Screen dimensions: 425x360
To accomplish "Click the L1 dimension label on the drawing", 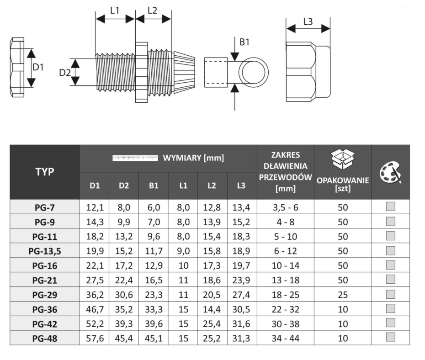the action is (x=115, y=11).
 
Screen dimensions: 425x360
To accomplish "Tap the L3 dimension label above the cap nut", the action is (x=308, y=21).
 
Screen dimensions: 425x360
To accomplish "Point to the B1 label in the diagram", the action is (x=244, y=42).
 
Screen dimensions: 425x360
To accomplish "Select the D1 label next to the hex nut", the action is (x=38, y=67).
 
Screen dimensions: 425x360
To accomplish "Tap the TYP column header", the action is (x=45, y=172).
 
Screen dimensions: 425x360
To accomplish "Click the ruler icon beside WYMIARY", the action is (x=135, y=158).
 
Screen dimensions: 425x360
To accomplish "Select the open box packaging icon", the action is (x=343, y=160).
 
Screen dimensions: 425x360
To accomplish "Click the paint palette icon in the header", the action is (x=390, y=173).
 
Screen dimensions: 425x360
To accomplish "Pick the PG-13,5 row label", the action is (x=45, y=251).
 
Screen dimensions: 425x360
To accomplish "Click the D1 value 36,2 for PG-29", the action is (x=95, y=295).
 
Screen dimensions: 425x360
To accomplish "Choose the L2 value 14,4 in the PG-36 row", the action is (x=212, y=309).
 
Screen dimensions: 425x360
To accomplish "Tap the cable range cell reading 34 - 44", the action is (x=286, y=339).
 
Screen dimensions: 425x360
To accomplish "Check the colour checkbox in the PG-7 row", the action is (x=390, y=206).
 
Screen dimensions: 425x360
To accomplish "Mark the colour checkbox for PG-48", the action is (x=390, y=337).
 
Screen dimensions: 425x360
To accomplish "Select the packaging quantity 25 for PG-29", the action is (x=343, y=295).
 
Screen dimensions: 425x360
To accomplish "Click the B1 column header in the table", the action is (x=154, y=185).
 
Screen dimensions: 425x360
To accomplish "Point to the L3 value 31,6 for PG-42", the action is (x=241, y=324).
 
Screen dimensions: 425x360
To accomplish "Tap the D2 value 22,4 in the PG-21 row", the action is (x=124, y=280).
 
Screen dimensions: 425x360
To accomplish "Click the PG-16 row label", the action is (x=45, y=266).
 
